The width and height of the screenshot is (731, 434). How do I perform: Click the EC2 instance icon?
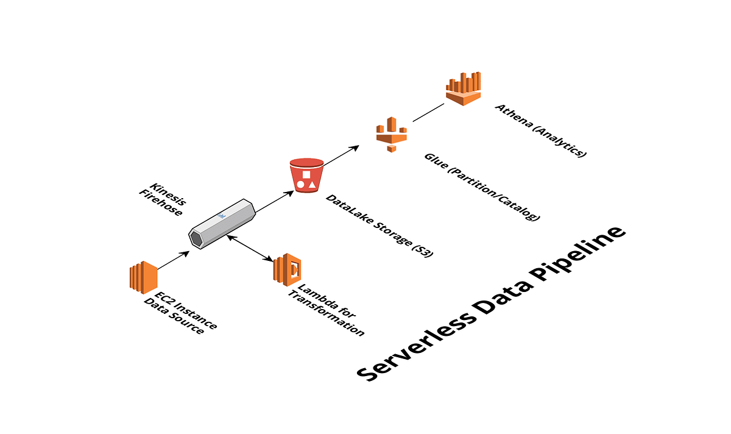point(143,277)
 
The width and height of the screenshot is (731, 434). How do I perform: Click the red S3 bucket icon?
point(307,176)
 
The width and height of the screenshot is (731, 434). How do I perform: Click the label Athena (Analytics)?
point(540,130)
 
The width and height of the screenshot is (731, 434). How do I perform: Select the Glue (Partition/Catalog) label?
point(481,187)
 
